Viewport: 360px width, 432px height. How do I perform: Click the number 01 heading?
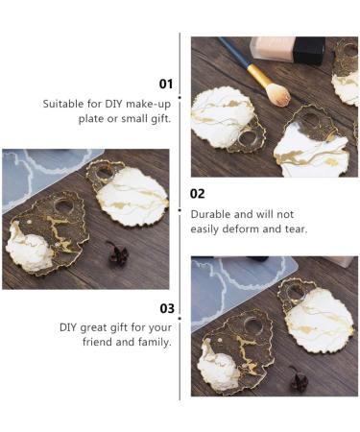point(166,84)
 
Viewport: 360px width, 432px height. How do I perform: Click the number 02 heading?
point(197,194)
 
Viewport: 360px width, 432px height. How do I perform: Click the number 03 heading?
point(166,308)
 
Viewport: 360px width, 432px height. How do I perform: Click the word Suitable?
point(65,103)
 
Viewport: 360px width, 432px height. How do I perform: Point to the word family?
point(153,342)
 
